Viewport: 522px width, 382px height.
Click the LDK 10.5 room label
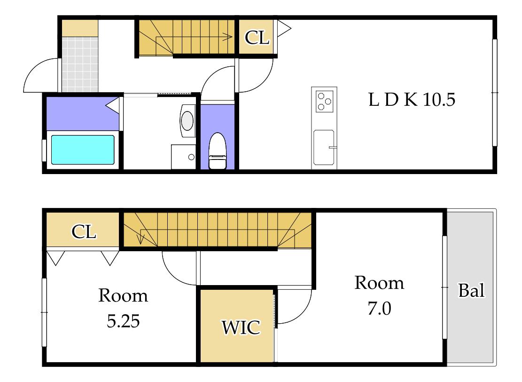[x=412, y=99]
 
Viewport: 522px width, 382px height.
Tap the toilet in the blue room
[x=218, y=151]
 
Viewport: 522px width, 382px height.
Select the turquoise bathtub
[x=83, y=150]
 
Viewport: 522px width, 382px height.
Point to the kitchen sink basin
[x=324, y=147]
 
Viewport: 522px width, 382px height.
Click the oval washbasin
[x=187, y=120]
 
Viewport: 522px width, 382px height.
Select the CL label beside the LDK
[x=257, y=37]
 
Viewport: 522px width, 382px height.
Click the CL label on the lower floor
[x=84, y=231]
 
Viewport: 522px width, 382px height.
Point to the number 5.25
[x=123, y=321]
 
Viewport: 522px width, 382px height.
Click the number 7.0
[x=379, y=308]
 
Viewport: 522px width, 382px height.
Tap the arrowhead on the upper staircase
[x=228, y=37]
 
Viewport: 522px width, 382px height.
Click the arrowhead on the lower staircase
[x=141, y=239]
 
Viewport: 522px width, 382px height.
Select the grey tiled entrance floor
[x=80, y=64]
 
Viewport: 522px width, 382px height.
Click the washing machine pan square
[x=183, y=157]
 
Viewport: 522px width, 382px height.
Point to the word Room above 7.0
[x=379, y=283]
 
